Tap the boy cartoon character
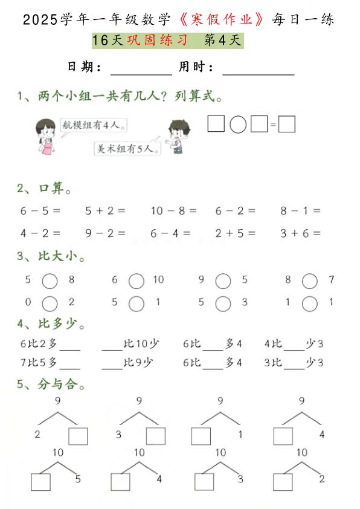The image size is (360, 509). pos(176,136)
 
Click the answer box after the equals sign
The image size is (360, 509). pos(287,125)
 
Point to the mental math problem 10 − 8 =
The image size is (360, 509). pos(173,211)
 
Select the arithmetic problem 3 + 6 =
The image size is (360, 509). pos(300,233)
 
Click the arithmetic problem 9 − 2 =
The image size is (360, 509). pos(105,233)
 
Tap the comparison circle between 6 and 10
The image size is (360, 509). pos(137,280)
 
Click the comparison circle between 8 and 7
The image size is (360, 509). pos(310,280)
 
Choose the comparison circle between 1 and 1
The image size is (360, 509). pos(310,303)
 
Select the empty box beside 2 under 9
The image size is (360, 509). pos(78,436)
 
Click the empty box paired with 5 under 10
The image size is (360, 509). pos(40,482)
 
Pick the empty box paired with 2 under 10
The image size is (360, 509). pos(283,482)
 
